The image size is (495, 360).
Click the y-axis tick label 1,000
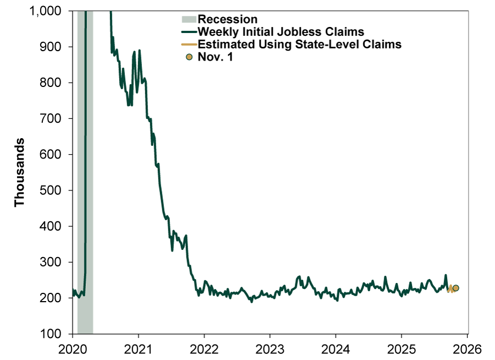tap(46, 11)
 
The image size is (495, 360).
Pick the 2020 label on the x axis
tap(72, 348)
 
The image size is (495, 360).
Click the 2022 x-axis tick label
tap(204, 348)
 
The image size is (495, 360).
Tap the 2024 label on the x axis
tap(335, 348)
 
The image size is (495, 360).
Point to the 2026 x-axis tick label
tap(467, 348)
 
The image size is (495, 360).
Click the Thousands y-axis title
tap(20, 172)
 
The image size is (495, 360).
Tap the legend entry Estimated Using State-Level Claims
tap(299, 45)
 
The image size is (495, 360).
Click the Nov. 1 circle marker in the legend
tap(189, 57)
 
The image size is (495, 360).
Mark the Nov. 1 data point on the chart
tap(455, 288)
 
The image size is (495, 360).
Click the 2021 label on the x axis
tap(138, 348)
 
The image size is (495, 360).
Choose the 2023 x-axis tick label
tap(269, 348)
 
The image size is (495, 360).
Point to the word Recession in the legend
tap(227, 20)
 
